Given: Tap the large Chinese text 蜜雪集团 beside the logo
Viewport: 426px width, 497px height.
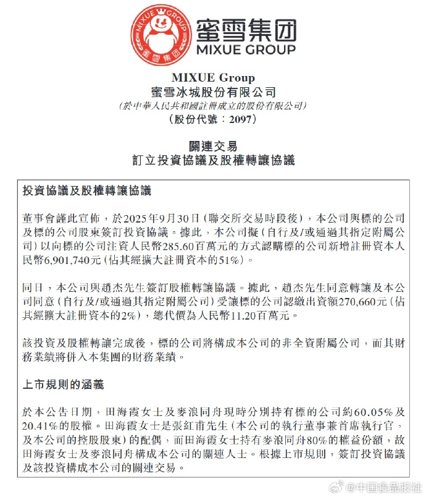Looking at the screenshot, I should [x=245, y=29].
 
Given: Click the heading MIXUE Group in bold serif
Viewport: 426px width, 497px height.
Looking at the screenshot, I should [x=212, y=78].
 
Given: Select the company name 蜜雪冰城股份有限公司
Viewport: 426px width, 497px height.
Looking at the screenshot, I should [x=212, y=92].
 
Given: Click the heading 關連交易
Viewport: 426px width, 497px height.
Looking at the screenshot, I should [x=212, y=147].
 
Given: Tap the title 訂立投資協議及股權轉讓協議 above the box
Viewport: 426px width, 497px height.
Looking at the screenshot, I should [x=212, y=161].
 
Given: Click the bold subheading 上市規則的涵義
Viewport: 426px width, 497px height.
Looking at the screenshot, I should [x=62, y=384].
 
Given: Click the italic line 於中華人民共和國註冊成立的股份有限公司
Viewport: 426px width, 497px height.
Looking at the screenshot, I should [x=212, y=106].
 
